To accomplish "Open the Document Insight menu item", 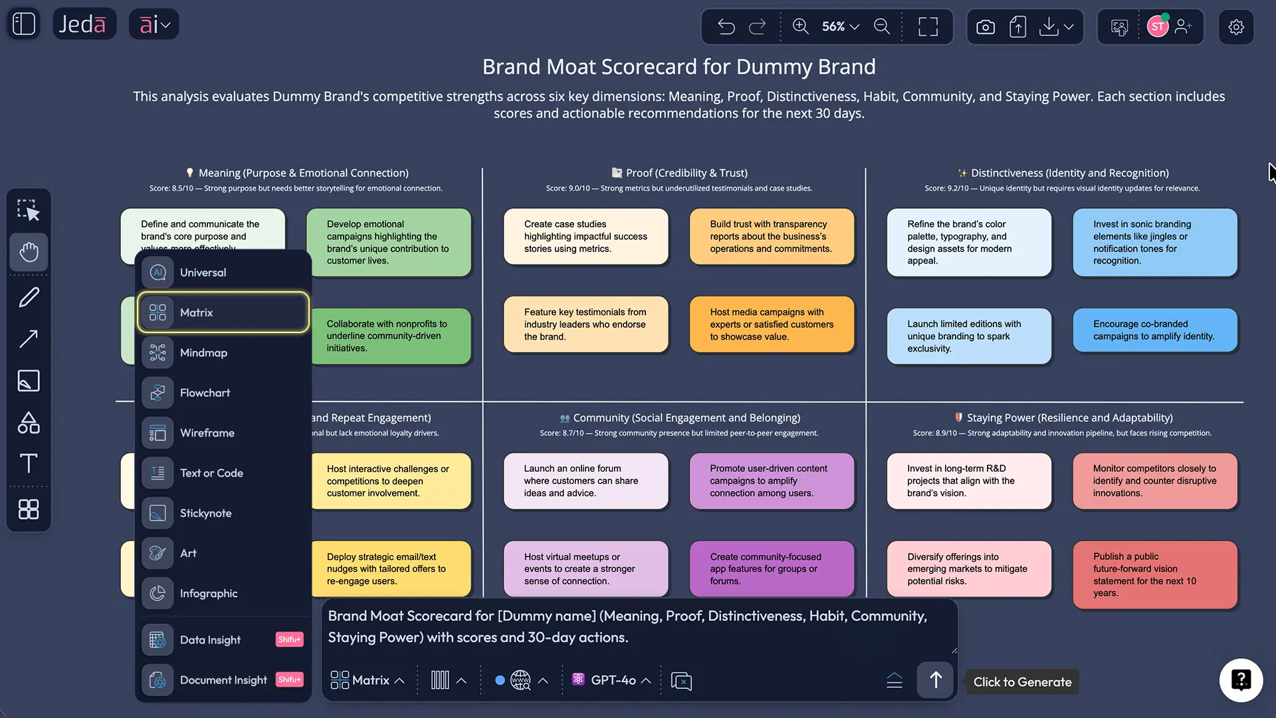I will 223,680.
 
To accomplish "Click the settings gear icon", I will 1236,27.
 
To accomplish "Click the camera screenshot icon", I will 986,27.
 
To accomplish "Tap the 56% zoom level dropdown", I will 840,27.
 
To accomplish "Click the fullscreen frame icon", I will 928,27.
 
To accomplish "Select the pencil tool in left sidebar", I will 29,297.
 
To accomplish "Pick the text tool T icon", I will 29,463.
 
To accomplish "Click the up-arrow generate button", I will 935,680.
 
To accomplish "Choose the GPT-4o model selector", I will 611,680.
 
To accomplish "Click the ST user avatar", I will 1157,27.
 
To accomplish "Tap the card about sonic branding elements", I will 1154,243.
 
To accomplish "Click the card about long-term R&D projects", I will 968,481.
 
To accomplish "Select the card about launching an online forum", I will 585,481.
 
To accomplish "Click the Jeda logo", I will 82,25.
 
